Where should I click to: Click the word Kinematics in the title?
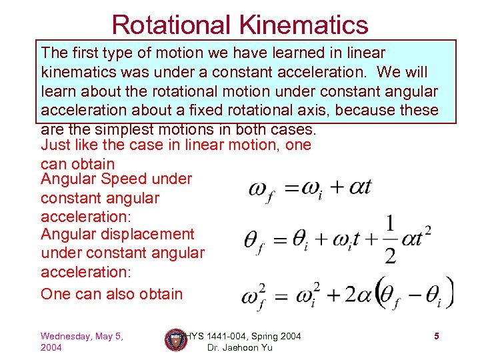(307, 25)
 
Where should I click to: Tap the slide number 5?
(436, 337)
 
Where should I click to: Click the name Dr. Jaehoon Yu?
(240, 348)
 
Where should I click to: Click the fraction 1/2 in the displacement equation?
(389, 239)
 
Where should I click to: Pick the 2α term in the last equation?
(356, 293)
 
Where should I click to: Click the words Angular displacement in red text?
(117, 234)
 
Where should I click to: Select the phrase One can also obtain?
(111, 294)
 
